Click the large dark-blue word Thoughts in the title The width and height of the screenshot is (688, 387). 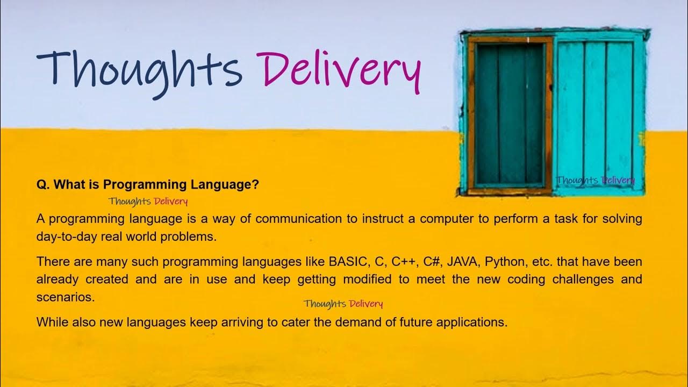coord(139,69)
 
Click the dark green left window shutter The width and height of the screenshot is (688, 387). coord(510,114)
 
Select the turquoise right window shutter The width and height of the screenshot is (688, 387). coord(597,110)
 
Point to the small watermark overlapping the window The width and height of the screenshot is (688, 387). coord(595,180)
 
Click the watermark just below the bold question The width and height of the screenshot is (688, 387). coord(148,202)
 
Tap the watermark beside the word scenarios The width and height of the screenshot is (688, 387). coord(343,304)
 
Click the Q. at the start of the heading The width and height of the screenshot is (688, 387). coord(43,185)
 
